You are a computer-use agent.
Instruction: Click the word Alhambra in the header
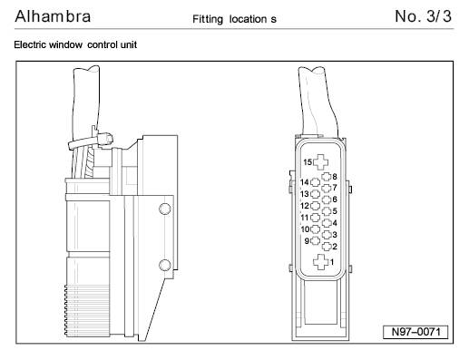(x=53, y=16)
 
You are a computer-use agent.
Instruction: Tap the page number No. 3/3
(x=423, y=16)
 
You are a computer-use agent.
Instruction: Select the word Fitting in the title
(x=208, y=19)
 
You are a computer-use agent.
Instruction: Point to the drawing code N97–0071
(x=415, y=332)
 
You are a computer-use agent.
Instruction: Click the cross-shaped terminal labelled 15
(x=320, y=162)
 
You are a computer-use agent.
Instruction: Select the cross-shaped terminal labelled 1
(x=320, y=262)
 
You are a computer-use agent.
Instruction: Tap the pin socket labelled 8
(x=327, y=177)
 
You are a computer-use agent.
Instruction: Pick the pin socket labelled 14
(x=315, y=182)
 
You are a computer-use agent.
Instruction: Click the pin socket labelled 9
(x=315, y=241)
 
